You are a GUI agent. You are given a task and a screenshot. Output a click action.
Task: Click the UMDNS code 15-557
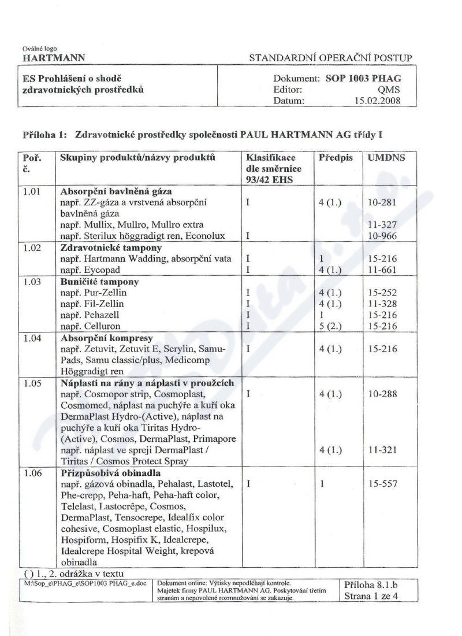[381, 483]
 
